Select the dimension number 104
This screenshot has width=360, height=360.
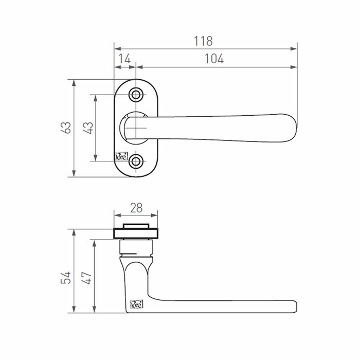click(214, 59)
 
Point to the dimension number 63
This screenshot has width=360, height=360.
click(66, 128)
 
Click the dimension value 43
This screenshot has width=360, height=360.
click(89, 128)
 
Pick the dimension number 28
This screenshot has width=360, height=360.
click(136, 208)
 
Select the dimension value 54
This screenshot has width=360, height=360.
click(66, 278)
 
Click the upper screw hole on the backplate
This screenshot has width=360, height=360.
click(136, 95)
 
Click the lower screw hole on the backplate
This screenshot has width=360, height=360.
click(136, 161)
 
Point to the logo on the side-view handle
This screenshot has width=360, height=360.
click(137, 304)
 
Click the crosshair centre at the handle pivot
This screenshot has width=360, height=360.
click(136, 128)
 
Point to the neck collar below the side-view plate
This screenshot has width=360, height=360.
click(136, 249)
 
